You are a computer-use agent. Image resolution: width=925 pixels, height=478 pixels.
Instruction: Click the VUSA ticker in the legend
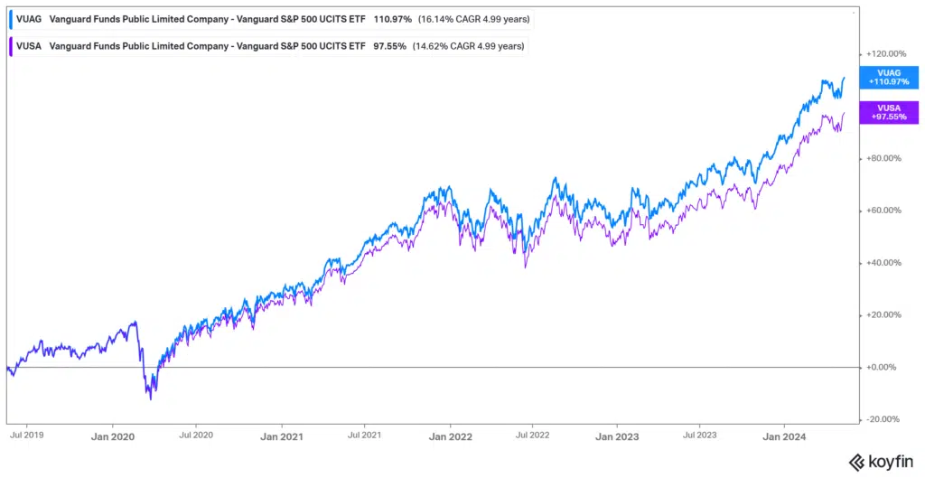(x=30, y=45)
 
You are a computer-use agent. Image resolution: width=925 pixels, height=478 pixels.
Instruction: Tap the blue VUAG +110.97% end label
(x=888, y=77)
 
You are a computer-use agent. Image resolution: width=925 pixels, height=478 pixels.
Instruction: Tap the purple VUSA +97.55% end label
(x=888, y=111)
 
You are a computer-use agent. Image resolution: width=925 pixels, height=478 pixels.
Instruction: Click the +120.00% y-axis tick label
(x=886, y=53)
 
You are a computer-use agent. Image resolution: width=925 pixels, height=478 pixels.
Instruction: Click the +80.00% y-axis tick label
(x=884, y=158)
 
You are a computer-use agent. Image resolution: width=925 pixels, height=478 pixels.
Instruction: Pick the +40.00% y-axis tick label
(x=884, y=263)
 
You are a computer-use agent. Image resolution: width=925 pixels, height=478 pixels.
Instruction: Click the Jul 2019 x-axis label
(x=26, y=436)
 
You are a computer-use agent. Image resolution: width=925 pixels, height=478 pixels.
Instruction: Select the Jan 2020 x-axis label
(x=112, y=436)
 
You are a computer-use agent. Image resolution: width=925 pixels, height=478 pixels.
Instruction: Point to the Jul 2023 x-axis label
(x=700, y=436)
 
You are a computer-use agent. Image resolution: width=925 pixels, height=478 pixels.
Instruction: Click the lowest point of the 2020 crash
(x=150, y=398)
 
